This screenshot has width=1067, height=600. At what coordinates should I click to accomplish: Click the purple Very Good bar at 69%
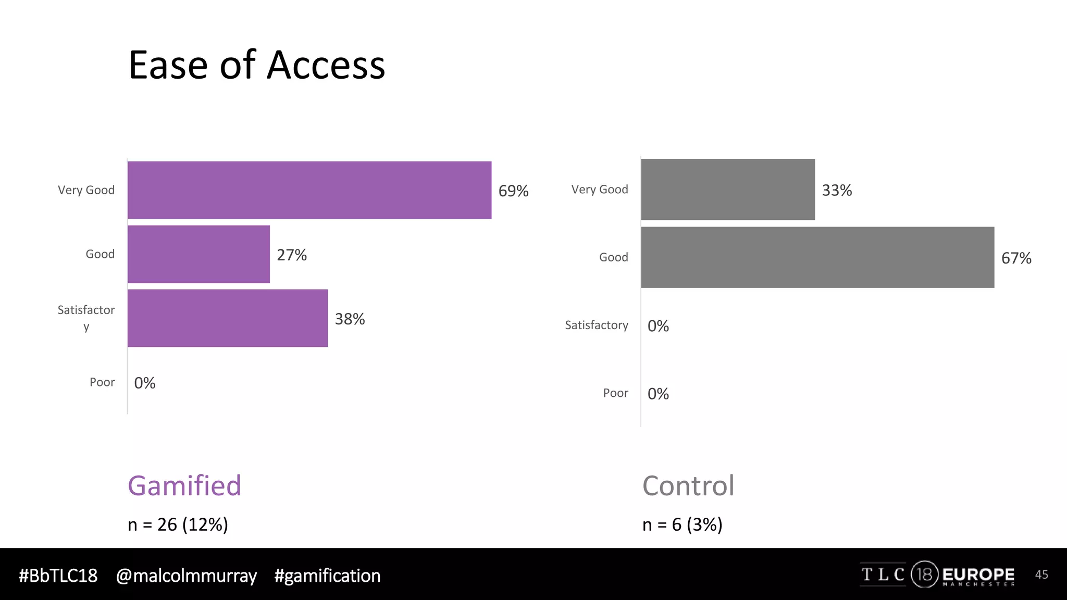(x=309, y=190)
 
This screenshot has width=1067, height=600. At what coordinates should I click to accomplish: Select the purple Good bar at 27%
(x=198, y=254)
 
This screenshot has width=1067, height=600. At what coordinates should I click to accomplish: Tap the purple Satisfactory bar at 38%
(x=228, y=318)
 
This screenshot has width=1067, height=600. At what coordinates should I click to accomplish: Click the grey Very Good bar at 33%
(x=728, y=190)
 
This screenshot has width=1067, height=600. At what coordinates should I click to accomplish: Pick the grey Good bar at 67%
(x=817, y=257)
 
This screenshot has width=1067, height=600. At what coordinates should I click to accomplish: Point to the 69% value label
(x=513, y=191)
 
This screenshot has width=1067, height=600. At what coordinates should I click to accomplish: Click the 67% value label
(x=1016, y=258)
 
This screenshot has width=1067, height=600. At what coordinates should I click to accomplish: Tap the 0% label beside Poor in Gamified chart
(x=145, y=383)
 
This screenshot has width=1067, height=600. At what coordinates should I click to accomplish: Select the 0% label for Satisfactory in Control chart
(x=658, y=326)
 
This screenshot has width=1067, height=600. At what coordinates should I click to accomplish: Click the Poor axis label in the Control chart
(x=615, y=393)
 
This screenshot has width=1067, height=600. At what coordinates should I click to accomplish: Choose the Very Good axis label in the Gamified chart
(x=86, y=190)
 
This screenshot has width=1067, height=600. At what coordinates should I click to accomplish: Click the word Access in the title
(x=326, y=66)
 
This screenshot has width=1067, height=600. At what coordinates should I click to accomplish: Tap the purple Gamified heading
(x=184, y=485)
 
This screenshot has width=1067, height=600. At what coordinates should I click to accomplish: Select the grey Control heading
(x=688, y=485)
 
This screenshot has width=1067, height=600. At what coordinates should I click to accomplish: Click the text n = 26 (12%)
(x=178, y=524)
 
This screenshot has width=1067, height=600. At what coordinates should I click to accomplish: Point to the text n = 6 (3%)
(x=682, y=524)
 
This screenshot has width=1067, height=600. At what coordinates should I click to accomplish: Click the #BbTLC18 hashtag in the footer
(x=58, y=576)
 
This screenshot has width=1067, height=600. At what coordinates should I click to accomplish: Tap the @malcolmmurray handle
(x=186, y=576)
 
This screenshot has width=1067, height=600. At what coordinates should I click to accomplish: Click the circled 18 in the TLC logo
(x=924, y=574)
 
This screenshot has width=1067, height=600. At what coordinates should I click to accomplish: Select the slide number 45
(x=1041, y=574)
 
